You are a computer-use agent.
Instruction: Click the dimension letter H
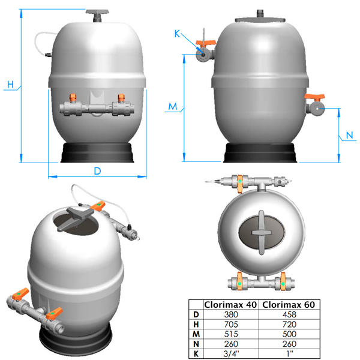10,85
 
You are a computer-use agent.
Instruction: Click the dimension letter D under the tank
98,171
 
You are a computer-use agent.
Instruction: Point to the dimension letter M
173,106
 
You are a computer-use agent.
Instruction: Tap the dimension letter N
349,135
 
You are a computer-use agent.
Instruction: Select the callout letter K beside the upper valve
177,34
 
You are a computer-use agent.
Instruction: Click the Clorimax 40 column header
230,305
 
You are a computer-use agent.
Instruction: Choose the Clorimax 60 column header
289,305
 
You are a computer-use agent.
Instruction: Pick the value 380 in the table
231,314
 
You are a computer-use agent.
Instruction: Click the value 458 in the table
289,314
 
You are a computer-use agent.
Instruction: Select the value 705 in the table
231,325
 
